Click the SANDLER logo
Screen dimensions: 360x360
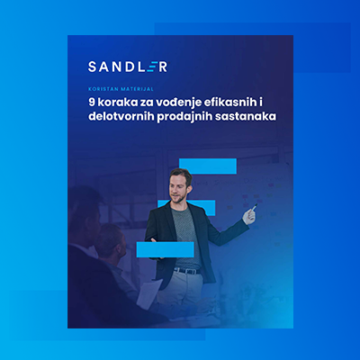click(x=127, y=66)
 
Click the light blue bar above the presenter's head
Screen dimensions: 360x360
click(x=207, y=166)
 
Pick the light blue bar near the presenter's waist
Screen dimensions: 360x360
click(x=165, y=249)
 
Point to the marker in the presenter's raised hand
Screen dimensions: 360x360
click(x=253, y=210)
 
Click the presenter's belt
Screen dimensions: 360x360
click(x=186, y=270)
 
